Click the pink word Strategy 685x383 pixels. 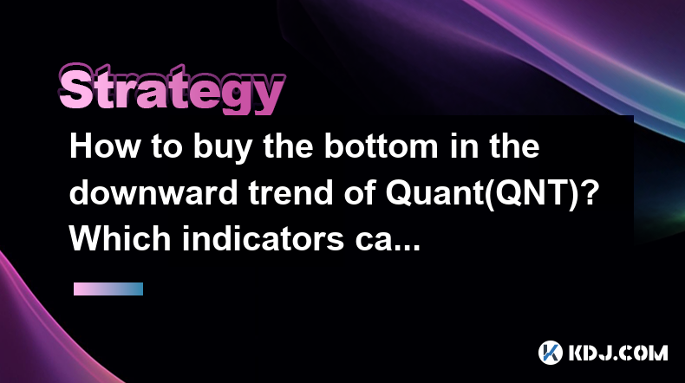[x=172, y=90]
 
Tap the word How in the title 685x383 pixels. [x=105, y=146]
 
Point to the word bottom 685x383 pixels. [x=381, y=146]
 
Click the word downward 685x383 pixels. [x=153, y=192]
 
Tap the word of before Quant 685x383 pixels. [x=361, y=192]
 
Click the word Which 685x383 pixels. [x=121, y=239]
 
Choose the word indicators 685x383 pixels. [x=263, y=239]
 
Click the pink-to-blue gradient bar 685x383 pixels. [x=108, y=289]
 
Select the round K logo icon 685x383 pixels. [x=550, y=353]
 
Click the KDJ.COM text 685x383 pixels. [x=618, y=353]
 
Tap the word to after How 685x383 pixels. [x=166, y=147]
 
